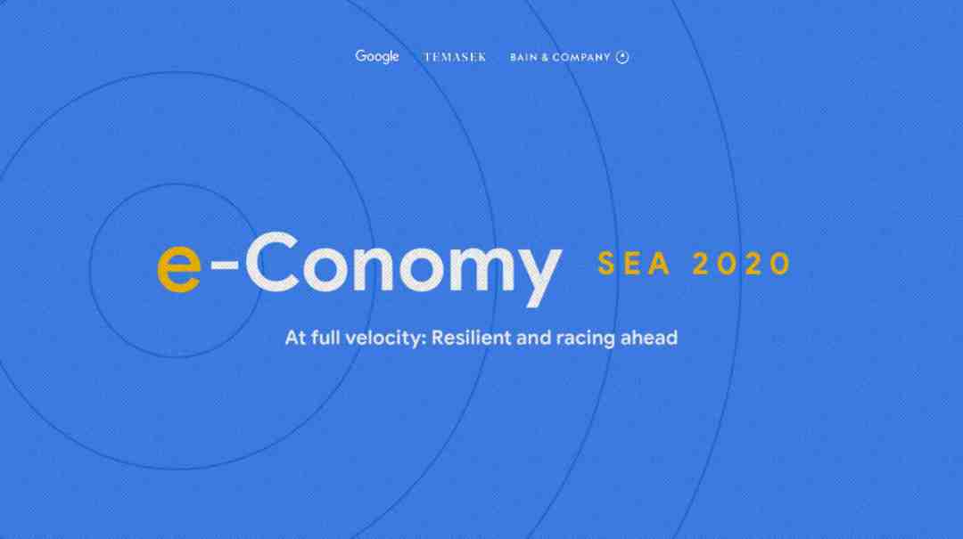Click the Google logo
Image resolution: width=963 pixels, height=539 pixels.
point(377,56)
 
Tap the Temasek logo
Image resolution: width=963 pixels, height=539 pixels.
point(455,57)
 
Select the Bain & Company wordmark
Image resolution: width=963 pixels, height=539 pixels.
point(560,57)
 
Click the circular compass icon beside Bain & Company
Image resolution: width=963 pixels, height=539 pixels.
point(622,57)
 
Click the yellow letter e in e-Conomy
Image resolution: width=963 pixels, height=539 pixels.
point(178,267)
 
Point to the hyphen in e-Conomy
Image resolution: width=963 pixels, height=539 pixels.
point(224,265)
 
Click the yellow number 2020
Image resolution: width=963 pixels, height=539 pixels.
point(741,264)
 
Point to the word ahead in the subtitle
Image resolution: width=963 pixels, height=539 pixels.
point(649,337)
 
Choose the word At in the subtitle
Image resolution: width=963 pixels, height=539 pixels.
point(295,338)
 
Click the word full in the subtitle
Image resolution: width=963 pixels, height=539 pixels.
point(325,337)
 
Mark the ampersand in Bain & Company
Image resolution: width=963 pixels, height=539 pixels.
point(544,58)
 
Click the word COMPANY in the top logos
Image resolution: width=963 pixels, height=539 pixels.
point(581,58)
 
